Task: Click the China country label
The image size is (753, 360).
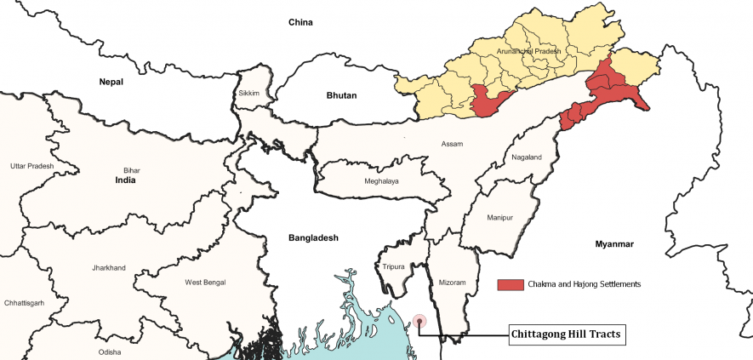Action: coord(301,22)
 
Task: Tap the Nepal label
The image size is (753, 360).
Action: coord(111,82)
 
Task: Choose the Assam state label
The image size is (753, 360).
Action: coord(452,144)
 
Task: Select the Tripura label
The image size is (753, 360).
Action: coord(394,267)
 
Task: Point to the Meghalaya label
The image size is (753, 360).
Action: coord(381,181)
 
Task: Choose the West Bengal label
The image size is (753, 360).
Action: coord(205,282)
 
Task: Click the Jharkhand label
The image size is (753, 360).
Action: coord(108,268)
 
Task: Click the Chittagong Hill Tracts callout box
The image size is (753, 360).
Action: coord(567,334)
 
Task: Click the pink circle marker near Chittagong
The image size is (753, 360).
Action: coord(419,322)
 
